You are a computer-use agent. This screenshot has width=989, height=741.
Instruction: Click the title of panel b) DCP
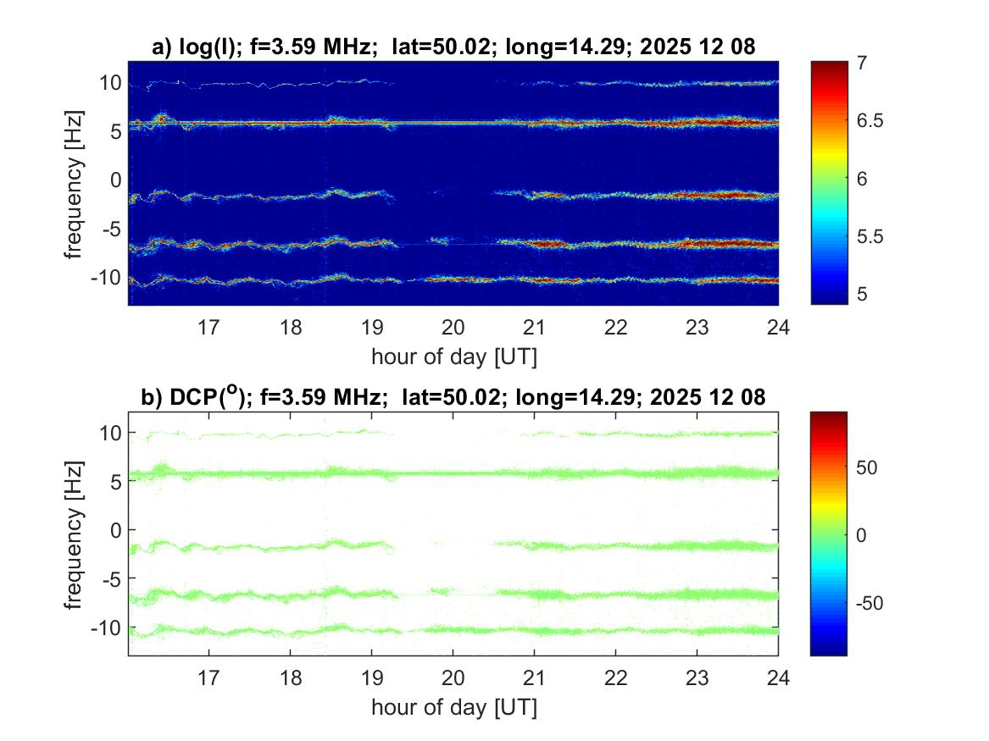(x=453, y=396)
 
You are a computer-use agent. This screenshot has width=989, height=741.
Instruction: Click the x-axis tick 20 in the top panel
(x=453, y=327)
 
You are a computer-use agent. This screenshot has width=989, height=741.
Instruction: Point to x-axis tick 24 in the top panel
(x=778, y=327)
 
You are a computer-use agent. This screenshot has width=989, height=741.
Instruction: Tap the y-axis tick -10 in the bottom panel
(x=106, y=628)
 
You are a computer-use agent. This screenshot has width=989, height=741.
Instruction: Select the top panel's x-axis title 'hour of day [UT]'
(x=453, y=357)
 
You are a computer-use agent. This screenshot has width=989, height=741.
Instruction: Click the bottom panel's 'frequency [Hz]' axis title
(x=76, y=534)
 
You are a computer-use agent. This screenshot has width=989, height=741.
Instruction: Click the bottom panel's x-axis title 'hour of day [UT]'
(x=453, y=707)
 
